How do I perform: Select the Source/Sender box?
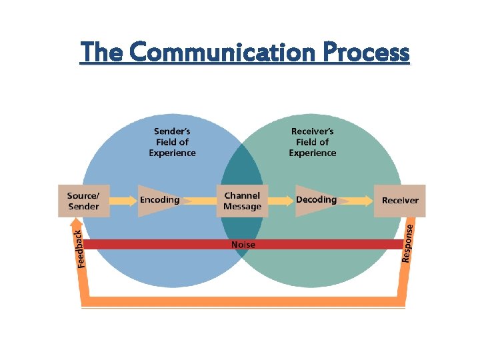[x=83, y=201]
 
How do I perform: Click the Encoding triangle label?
[x=159, y=200]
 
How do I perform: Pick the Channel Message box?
[x=243, y=201]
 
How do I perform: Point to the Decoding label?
[x=316, y=200]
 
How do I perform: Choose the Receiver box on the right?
[x=400, y=201]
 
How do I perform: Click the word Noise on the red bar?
[x=243, y=245]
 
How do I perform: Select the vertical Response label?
[x=409, y=242]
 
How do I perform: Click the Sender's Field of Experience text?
[x=172, y=142]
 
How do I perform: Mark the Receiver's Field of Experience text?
[x=312, y=142]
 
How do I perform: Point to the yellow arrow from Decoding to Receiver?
[x=359, y=200]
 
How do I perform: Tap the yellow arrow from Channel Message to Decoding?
[x=279, y=200]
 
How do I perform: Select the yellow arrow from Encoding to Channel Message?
[x=203, y=200]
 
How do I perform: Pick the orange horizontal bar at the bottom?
[x=243, y=301]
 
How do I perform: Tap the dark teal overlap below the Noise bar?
[x=241, y=263]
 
